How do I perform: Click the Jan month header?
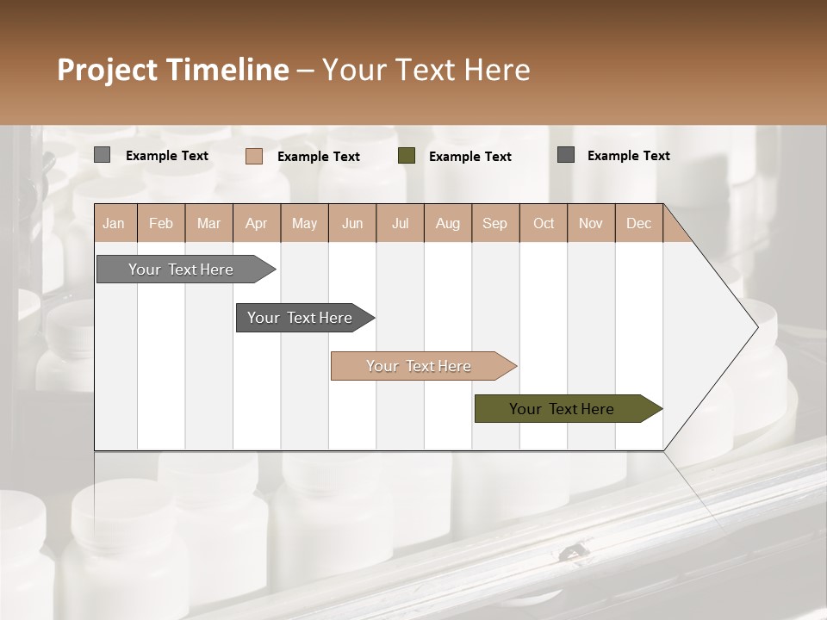coord(114,223)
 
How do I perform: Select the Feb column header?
coord(161,223)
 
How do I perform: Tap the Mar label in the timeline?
coord(208,223)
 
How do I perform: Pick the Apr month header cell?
coord(257,223)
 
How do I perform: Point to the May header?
coord(304,223)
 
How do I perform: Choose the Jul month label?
coord(400,223)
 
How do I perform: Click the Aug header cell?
coord(447,223)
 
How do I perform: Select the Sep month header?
coord(494,223)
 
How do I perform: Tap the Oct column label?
coord(544,223)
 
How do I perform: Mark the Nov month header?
coord(590,223)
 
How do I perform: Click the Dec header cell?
coord(638,223)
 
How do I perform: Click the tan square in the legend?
coord(253,156)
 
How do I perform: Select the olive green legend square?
coord(407,156)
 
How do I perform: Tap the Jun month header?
coord(352,223)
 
